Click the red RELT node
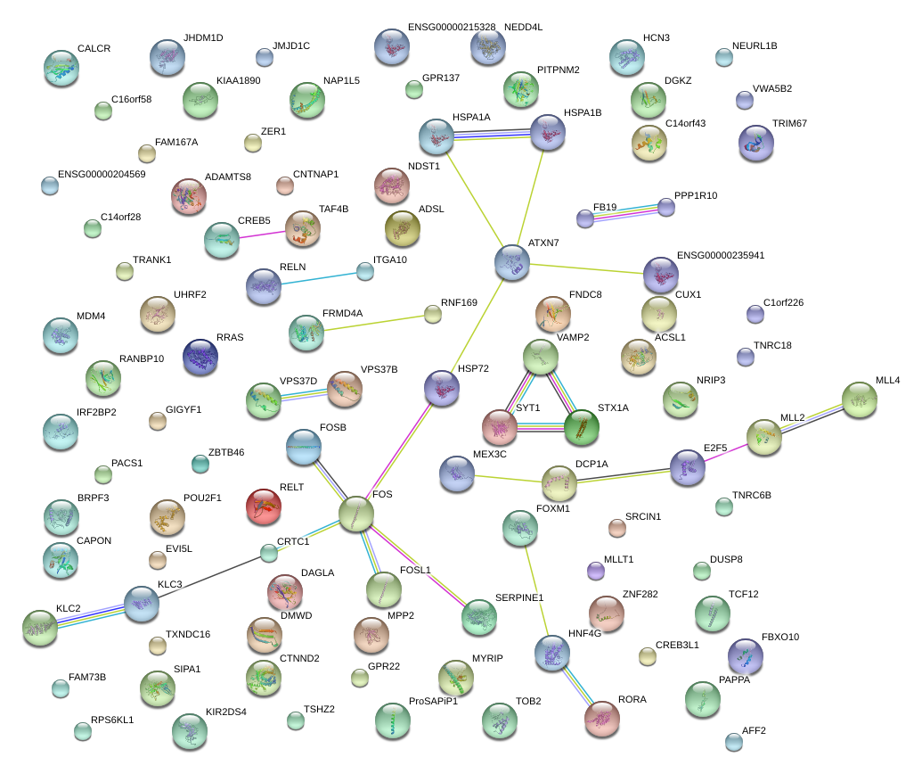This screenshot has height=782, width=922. pyautogui.click(x=263, y=507)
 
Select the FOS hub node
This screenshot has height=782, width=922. pyautogui.click(x=356, y=514)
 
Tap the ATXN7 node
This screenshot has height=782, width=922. pyautogui.click(x=512, y=261)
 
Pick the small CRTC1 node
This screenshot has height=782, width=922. pyautogui.click(x=269, y=553)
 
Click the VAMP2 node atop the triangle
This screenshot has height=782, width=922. pyautogui.click(x=540, y=357)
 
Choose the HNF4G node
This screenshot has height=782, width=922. pyautogui.click(x=551, y=654)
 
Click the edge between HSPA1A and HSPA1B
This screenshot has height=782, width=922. pyautogui.click(x=493, y=135)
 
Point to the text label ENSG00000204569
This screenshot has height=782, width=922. pyautogui.click(x=102, y=174)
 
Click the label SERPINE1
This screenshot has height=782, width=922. pyautogui.click(x=519, y=597)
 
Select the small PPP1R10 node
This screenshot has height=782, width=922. pyautogui.click(x=666, y=207)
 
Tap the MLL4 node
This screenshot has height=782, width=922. pyautogui.click(x=859, y=399)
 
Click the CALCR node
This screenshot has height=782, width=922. pyautogui.click(x=61, y=68)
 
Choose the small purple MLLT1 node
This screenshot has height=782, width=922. pyautogui.click(x=596, y=570)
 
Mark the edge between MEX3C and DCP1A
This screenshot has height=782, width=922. pyautogui.click(x=508, y=479)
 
